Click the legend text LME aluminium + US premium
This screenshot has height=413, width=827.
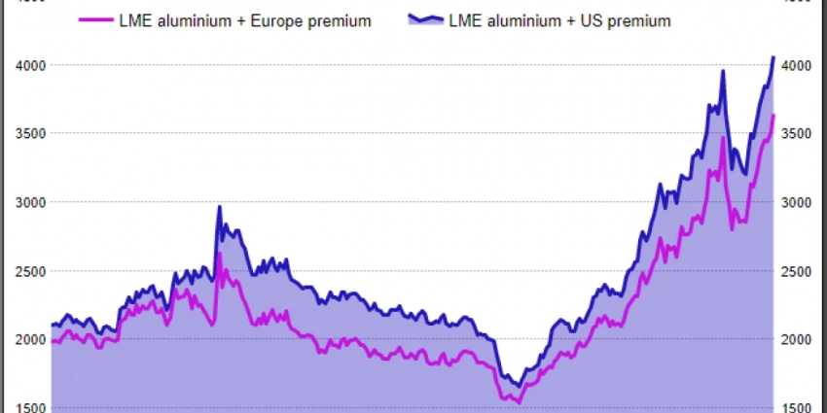click(559, 20)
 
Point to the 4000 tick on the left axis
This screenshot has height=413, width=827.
click(29, 65)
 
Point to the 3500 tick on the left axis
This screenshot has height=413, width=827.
click(29, 133)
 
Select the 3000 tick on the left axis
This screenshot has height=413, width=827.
click(29, 202)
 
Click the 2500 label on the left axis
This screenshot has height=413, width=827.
click(29, 271)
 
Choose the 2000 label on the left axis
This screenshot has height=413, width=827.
click(29, 339)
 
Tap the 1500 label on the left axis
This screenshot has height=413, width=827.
click(29, 407)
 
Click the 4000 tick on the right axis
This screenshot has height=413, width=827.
click(797, 65)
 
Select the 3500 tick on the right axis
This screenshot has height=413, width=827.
click(797, 133)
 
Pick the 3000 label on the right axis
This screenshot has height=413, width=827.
click(797, 202)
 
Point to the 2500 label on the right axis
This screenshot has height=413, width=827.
click(797, 271)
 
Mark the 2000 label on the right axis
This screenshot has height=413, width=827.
click(797, 339)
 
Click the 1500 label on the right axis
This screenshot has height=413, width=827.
click(797, 407)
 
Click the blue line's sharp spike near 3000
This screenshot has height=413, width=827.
click(219, 206)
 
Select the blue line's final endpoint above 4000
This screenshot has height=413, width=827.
click(773, 57)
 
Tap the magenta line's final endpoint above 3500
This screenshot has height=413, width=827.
click(773, 116)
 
